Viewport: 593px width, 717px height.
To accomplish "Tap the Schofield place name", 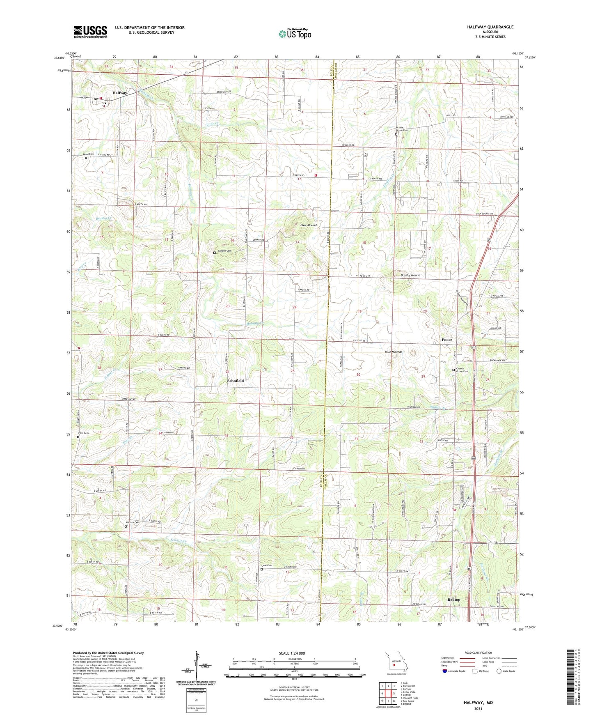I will pyautogui.click(x=236, y=381).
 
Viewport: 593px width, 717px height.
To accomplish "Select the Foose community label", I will pyautogui.click(x=447, y=340).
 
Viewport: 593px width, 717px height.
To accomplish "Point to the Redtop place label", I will pyautogui.click(x=454, y=600).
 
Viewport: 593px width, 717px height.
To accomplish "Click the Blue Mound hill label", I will pyautogui.click(x=308, y=225).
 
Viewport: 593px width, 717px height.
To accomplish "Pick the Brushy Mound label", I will pyautogui.click(x=410, y=275).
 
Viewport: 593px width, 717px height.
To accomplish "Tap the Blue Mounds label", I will pyautogui.click(x=393, y=352).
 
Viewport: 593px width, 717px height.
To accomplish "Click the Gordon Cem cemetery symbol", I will pyautogui.click(x=214, y=253).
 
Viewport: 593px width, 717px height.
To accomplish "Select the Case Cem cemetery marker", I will pyautogui.click(x=261, y=569).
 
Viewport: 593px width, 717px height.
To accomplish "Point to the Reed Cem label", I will pyautogui.click(x=89, y=154).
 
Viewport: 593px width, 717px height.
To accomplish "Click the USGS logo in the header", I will pyautogui.click(x=90, y=31).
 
